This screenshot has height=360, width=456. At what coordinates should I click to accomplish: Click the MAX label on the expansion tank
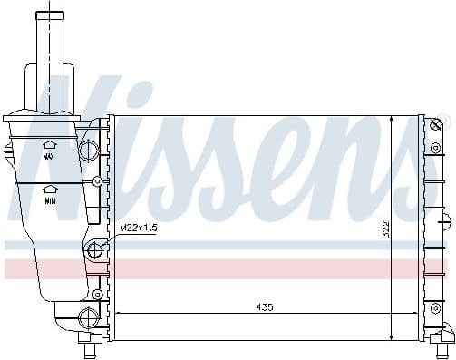49,156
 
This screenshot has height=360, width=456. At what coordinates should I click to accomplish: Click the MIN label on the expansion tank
50,200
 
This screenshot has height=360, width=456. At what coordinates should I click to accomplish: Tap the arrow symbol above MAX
50,144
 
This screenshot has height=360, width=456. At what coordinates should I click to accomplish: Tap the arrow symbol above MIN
50,189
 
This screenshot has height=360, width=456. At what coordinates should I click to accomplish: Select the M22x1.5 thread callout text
139,229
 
